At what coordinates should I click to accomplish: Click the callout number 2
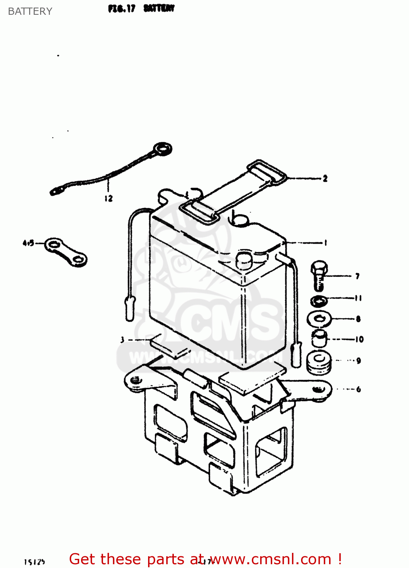pos(325,178)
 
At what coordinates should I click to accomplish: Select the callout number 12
pos(109,198)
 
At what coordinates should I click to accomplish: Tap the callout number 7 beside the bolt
pos(357,276)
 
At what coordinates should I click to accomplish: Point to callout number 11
pos(358,298)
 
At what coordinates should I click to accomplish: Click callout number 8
pos(358,319)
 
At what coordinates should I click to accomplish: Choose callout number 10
pos(359,339)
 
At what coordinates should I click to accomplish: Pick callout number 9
pos(358,360)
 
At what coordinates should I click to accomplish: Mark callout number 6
pos(358,389)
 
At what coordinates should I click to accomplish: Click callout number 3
pos(122,340)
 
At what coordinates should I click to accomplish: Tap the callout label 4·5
pos(28,243)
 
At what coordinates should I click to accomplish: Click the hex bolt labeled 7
pos(319,275)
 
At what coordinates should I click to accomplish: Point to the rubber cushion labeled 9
pos(319,362)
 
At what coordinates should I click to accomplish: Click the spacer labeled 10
pos(320,338)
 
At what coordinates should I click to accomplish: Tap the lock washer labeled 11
pos(319,301)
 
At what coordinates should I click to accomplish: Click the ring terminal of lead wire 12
pos(162,149)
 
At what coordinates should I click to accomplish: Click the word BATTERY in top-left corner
pos(30,11)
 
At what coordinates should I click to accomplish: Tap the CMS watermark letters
pos(227,322)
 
